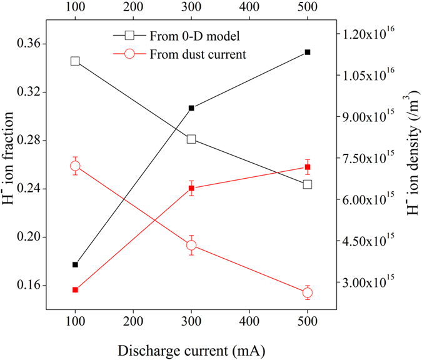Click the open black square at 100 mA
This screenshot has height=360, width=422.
[x=75, y=61]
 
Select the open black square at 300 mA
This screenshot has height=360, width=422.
[x=191, y=139]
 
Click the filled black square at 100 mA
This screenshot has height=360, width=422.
[x=75, y=264]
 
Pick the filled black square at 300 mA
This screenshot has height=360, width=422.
[x=191, y=108]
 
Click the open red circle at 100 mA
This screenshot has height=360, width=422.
[x=75, y=166]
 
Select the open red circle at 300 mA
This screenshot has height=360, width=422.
[x=191, y=245]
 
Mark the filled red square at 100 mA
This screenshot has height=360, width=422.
[x=75, y=290]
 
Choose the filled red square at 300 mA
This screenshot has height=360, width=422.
[x=191, y=188]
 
